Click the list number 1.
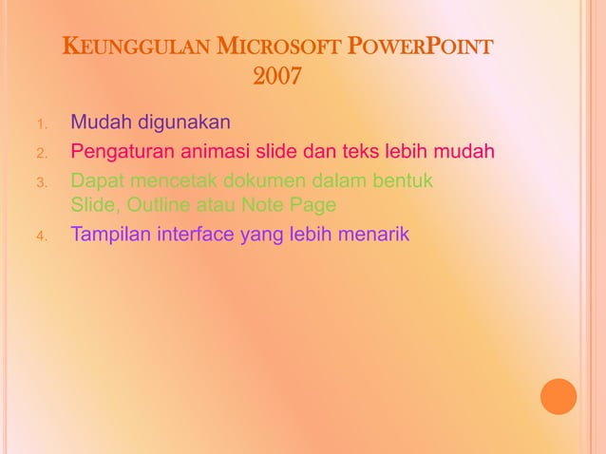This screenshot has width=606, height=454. pos(41,124)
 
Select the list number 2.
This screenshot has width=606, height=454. pos(41,153)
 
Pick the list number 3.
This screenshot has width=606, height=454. pos(41,181)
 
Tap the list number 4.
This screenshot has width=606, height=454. pos(41,236)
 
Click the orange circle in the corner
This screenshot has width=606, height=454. pos(559,396)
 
